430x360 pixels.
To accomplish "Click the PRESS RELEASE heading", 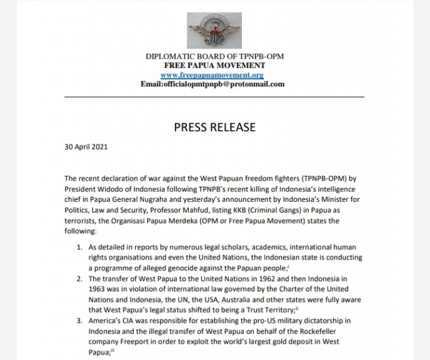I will pyautogui.click(x=214, y=127).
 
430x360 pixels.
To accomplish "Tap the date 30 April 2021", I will pyautogui.click(x=86, y=147).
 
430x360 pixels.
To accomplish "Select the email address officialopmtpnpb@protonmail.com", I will pyautogui.click(x=212, y=84).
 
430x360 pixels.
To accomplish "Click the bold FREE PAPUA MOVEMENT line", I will pyautogui.click(x=214, y=66).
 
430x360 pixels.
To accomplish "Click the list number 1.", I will pyautogui.click(x=79, y=247).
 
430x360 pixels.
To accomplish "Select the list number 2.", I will pyautogui.click(x=79, y=279).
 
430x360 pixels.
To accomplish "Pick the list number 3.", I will pyautogui.click(x=79, y=321).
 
